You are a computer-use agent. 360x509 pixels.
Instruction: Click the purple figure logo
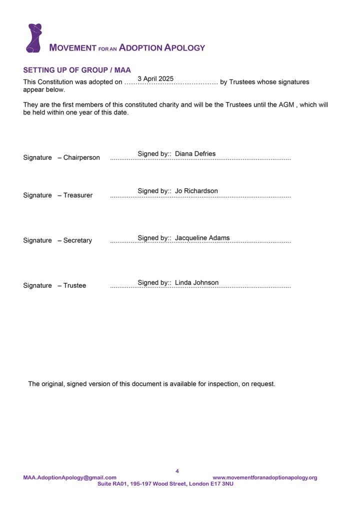click(34, 38)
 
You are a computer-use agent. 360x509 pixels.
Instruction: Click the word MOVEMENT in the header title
click(72, 48)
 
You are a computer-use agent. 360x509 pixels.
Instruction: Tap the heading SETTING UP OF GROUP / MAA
click(77, 70)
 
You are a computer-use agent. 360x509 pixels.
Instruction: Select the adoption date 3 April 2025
click(155, 78)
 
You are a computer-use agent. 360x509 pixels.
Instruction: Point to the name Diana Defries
click(195, 153)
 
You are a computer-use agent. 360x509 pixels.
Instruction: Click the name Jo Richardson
click(196, 191)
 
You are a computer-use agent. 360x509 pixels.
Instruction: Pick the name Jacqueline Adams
click(202, 238)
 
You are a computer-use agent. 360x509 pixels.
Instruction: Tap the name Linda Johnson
click(196, 282)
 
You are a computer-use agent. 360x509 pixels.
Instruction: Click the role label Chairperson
click(81, 157)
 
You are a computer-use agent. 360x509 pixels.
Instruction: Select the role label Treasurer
click(78, 195)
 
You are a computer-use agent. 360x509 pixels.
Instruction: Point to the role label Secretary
click(77, 240)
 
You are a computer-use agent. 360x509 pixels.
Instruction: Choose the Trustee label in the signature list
click(74, 285)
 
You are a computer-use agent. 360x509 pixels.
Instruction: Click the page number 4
click(177, 471)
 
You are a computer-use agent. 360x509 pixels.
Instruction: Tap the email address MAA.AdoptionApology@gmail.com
click(69, 477)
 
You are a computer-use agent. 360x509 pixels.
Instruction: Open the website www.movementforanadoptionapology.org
click(264, 477)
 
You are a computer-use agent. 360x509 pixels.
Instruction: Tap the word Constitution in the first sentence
click(53, 82)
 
